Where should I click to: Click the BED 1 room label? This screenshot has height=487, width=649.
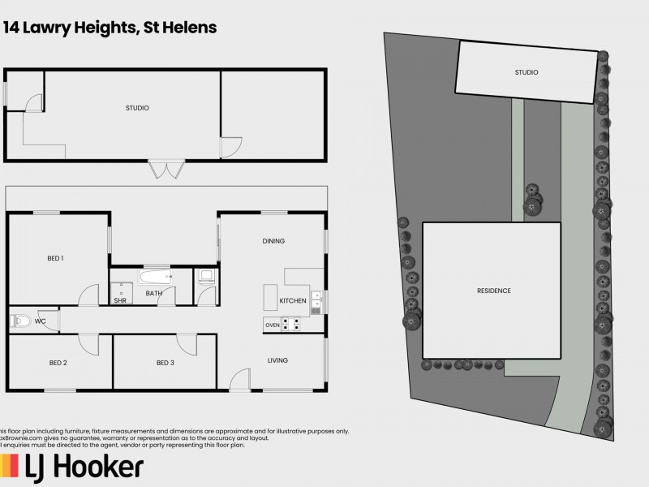coord(55,258)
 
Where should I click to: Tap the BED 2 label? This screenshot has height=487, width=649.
coord(58,362)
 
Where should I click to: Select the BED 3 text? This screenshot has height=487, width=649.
coord(165,362)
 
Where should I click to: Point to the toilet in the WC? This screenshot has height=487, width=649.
coord(19,321)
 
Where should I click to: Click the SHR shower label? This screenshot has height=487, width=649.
coord(120,300)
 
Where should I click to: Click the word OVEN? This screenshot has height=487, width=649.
coord(273,325)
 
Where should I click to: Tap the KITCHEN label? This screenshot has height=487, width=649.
coord(293,300)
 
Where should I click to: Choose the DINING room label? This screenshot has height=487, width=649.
coord(273,241)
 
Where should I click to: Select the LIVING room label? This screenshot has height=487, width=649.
coord(278,360)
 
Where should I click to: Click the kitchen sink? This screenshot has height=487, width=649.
coord(316,302)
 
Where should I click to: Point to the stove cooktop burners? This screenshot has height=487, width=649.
coord(290,325)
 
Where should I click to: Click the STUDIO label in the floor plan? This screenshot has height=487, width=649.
coord(137,108)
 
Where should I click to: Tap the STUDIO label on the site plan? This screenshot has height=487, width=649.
coord(526,73)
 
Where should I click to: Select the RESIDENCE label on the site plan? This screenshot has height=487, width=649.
coord(493,291)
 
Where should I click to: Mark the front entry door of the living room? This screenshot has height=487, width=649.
coord(240,380)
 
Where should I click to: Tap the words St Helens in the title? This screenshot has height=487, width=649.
coord(179,28)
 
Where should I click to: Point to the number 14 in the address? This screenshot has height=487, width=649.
coord(12,28)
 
